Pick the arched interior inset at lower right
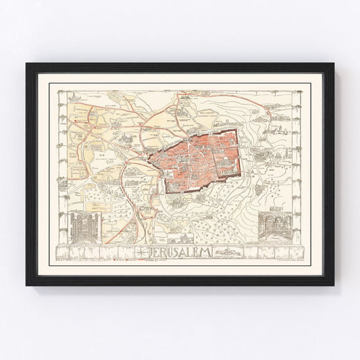click(276, 224)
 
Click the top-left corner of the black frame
click(27, 64)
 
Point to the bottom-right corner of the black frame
click(334, 285)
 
